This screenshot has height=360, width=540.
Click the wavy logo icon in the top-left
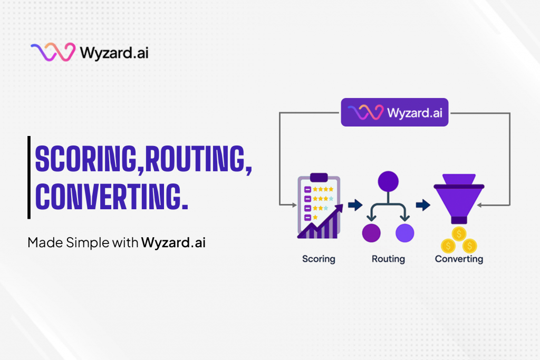pyautogui.click(x=53, y=52)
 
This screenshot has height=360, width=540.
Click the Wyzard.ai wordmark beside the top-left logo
pyautogui.click(x=114, y=53)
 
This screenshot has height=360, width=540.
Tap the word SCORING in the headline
pyautogui.click(x=86, y=159)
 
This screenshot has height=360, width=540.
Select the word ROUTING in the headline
pyautogui.click(x=195, y=159)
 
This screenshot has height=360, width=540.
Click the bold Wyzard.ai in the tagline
pyautogui.click(x=173, y=242)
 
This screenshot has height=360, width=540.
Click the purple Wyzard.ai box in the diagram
pyautogui.click(x=394, y=112)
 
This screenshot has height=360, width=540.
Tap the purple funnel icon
pyautogui.click(x=459, y=199)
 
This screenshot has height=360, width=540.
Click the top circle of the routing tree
pyautogui.click(x=388, y=181)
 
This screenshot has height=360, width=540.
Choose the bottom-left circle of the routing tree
pyautogui.click(x=371, y=233)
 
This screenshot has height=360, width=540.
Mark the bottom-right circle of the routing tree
pyautogui.click(x=405, y=233)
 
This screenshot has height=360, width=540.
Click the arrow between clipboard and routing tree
pyautogui.click(x=355, y=205)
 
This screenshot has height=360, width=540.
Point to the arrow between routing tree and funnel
pyautogui.click(x=423, y=205)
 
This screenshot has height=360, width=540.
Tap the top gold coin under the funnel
pyautogui.click(x=459, y=234)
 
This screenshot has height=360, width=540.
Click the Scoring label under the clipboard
pyautogui.click(x=319, y=259)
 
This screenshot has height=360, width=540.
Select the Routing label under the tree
pyautogui.click(x=388, y=259)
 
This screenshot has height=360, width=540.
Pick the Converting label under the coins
pyautogui.click(x=459, y=259)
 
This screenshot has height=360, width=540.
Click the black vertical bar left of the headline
pyautogui.click(x=29, y=178)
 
